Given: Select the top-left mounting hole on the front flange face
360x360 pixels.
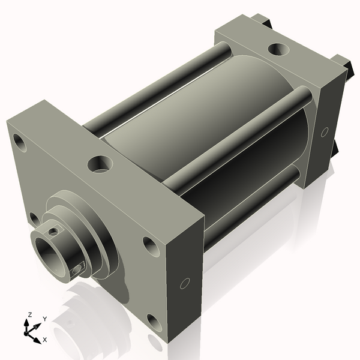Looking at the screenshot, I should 20,143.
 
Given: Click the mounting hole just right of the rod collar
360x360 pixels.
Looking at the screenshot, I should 149,244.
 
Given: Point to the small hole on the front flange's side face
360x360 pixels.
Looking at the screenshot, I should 185,283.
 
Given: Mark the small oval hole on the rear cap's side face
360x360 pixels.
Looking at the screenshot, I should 325,131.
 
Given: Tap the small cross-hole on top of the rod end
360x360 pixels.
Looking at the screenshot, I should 55,230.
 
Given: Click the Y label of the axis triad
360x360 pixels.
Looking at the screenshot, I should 44,319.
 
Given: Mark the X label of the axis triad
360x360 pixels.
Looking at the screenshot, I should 44,340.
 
